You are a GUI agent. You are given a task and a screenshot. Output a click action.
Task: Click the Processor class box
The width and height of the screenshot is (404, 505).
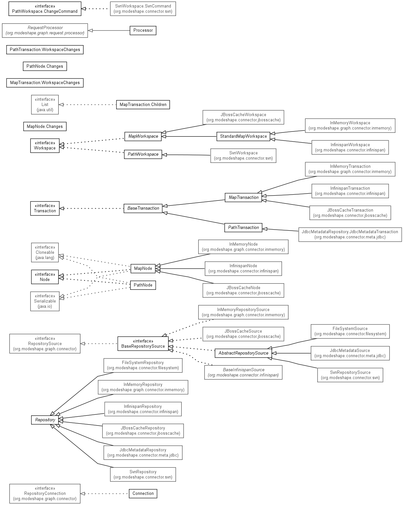click(x=143, y=30)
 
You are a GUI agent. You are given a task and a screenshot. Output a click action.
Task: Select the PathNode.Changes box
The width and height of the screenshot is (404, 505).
click(x=45, y=66)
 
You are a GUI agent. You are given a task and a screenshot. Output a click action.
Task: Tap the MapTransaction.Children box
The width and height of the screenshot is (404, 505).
click(x=143, y=104)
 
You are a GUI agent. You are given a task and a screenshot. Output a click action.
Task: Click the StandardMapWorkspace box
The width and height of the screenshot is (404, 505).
click(x=243, y=136)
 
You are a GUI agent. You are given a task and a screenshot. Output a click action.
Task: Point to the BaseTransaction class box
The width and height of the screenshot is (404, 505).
click(x=143, y=208)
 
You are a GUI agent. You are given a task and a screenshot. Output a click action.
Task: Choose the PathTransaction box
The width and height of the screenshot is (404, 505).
click(x=243, y=227)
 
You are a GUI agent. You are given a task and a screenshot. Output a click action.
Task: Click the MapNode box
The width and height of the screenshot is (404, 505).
click(x=143, y=268)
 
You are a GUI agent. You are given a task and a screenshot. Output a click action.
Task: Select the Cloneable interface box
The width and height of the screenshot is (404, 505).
click(x=45, y=252)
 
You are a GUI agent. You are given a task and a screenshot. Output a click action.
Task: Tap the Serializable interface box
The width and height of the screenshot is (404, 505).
click(x=45, y=301)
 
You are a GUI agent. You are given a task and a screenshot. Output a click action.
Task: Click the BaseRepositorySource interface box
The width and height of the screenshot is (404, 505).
click(x=143, y=343)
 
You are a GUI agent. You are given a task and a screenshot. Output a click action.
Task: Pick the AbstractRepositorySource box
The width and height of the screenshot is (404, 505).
click(x=243, y=353)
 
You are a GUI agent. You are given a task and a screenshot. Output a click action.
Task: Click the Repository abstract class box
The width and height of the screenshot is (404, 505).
click(x=45, y=420)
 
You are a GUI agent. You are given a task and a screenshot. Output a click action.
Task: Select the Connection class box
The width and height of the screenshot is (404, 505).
click(x=143, y=493)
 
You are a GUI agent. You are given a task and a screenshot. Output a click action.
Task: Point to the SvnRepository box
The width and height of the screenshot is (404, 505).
click(x=143, y=474)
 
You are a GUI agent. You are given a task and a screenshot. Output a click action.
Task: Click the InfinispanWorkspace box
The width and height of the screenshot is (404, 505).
click(x=350, y=148)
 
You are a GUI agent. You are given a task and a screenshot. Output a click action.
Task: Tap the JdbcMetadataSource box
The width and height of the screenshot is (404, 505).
click(x=350, y=353)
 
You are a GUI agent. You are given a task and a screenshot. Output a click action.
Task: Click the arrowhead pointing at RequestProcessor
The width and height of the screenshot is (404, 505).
click(x=90, y=30)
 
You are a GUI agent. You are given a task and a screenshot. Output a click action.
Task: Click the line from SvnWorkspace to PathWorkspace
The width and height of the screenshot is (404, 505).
click(x=186, y=155)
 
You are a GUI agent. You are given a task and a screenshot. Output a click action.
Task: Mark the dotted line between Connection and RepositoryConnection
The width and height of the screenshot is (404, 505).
click(x=105, y=494)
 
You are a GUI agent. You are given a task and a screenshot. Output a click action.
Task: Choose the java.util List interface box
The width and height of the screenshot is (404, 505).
click(x=45, y=104)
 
